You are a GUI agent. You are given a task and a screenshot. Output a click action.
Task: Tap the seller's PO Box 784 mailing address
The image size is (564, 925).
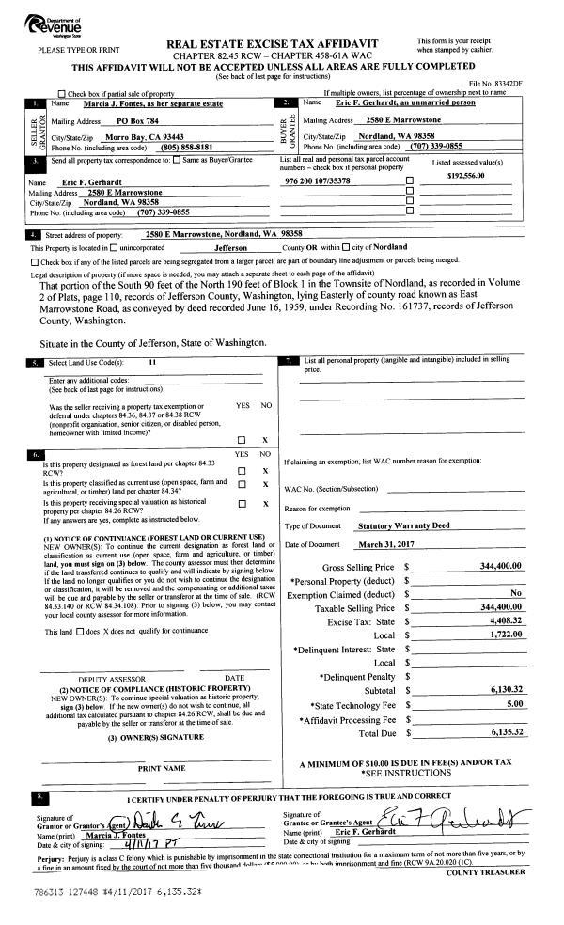[124, 122]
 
